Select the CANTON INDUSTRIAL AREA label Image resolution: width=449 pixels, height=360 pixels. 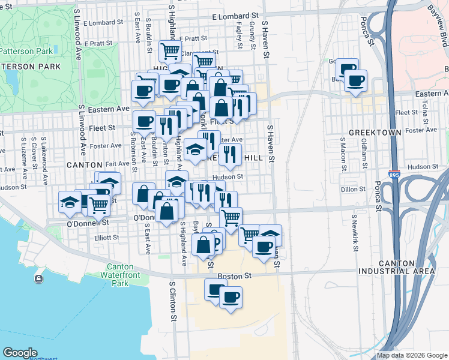[x=405, y=267]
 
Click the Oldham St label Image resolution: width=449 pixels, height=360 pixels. [x=364, y=154]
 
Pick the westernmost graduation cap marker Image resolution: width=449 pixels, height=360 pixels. [x=70, y=202]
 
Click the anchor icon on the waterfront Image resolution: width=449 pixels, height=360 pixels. [x=40, y=278]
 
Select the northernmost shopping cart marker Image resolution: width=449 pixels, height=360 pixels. [x=170, y=51]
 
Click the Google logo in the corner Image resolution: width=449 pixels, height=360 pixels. [x=20, y=352]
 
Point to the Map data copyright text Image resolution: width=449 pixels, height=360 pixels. [x=412, y=355]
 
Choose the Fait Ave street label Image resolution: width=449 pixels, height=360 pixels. [x=116, y=164]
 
